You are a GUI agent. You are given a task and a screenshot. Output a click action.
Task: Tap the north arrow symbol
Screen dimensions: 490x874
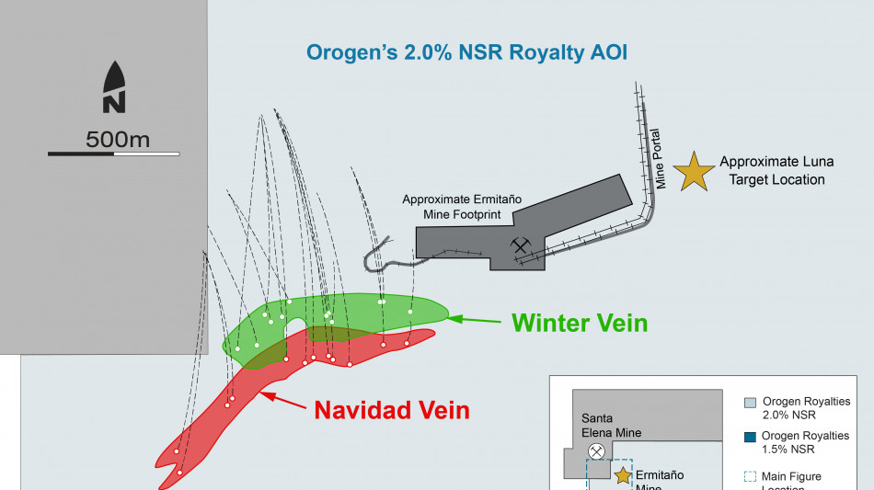click(114, 88)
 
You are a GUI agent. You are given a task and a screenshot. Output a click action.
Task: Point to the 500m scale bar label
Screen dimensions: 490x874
click(118, 140)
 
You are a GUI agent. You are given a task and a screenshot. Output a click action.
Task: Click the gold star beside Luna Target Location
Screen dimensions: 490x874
click(694, 172)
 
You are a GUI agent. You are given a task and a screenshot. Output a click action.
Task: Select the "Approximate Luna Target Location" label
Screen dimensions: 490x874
click(776, 170)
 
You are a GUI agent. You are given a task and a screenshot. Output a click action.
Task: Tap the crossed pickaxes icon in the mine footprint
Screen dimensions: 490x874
click(522, 245)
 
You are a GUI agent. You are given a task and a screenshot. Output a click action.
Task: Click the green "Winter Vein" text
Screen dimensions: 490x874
click(580, 323)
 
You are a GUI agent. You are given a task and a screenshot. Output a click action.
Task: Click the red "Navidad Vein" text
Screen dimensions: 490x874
click(392, 410)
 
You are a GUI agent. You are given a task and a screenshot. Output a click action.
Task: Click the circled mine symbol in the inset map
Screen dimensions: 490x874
click(596, 451)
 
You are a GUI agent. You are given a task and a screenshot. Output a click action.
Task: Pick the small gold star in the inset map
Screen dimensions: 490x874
click(624, 475)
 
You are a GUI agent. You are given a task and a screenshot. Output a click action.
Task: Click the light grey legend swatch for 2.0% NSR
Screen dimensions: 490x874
click(750, 402)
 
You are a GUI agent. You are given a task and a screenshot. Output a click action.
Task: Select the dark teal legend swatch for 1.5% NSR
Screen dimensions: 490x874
click(750, 436)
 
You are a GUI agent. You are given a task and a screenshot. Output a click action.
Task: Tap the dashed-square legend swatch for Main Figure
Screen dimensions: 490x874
click(750, 476)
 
